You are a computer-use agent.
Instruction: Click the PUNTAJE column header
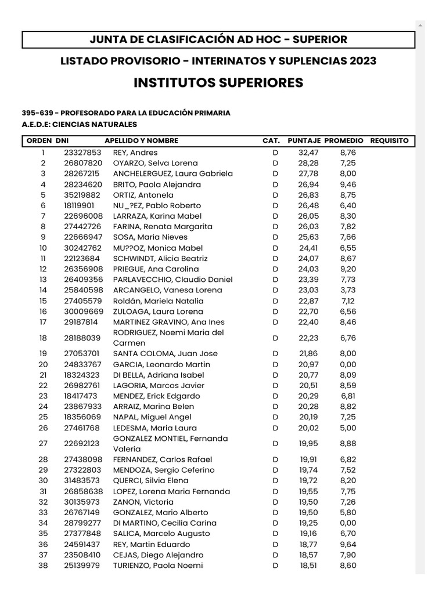(x=304, y=140)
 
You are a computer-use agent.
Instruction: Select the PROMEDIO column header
(x=344, y=140)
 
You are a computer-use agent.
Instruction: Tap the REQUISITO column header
(x=389, y=140)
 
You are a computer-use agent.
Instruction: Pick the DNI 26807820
(x=83, y=163)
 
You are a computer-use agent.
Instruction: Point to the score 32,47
(x=308, y=153)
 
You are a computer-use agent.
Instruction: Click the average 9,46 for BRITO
(x=348, y=184)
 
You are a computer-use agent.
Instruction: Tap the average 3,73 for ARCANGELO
(x=348, y=290)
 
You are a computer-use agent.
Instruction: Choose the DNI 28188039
(x=82, y=338)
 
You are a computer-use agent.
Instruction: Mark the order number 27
(x=43, y=444)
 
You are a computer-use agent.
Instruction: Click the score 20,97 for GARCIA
(x=308, y=364)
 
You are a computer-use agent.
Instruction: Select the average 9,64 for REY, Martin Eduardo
(x=348, y=544)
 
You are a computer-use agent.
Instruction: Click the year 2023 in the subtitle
(x=360, y=61)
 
